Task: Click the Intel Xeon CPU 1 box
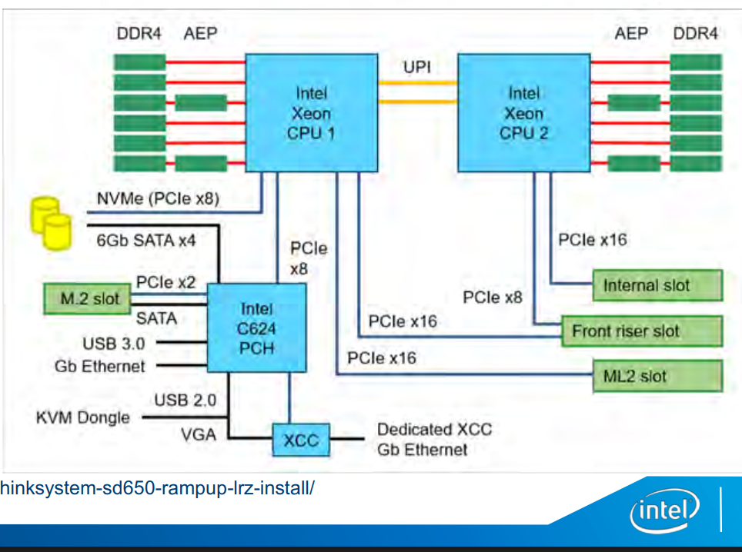(311, 112)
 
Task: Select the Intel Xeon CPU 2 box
(523, 112)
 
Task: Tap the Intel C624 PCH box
(257, 328)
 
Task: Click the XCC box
(301, 440)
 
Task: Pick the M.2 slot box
(90, 298)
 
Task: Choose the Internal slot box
(657, 285)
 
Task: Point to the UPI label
(417, 67)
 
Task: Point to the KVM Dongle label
(83, 418)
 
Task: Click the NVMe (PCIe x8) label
(158, 199)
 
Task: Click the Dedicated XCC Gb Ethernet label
(434, 440)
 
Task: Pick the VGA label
(199, 434)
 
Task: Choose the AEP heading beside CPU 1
(200, 34)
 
